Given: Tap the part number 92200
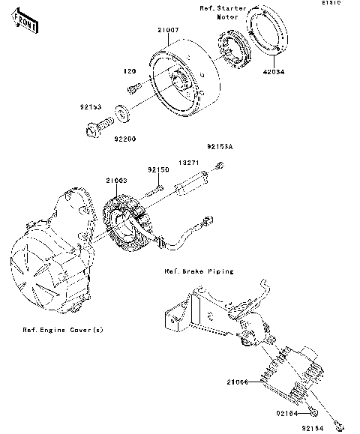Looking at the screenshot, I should point(125,139).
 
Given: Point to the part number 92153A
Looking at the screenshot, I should point(215,148).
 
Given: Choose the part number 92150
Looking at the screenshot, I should point(158,170).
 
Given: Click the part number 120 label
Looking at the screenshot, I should point(128,73).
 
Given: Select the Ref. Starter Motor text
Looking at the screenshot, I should point(222,12).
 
